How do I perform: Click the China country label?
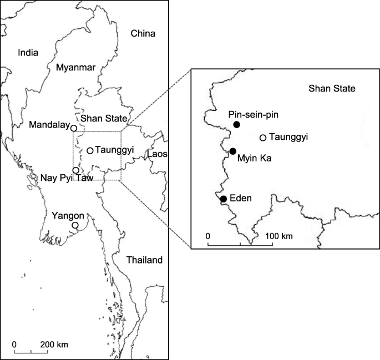[x=143, y=34]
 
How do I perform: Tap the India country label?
[x=28, y=53]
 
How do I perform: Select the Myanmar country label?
[x=76, y=67]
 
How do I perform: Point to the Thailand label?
[x=144, y=260]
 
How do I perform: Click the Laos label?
[x=157, y=154]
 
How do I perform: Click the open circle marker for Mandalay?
[x=73, y=128]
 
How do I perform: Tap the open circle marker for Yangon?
[x=75, y=225]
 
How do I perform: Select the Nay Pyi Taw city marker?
[x=76, y=170]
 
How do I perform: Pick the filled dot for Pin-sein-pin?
[x=237, y=125]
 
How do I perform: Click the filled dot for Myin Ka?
[x=233, y=151]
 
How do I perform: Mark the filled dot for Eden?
[x=223, y=199]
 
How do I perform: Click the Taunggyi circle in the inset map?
[x=263, y=137]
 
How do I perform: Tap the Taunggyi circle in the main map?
[x=90, y=150]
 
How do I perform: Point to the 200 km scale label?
[x=54, y=344]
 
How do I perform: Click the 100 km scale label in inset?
[x=279, y=236]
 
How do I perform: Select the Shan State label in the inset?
[x=332, y=88]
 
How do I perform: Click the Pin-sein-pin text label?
[x=253, y=114]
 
